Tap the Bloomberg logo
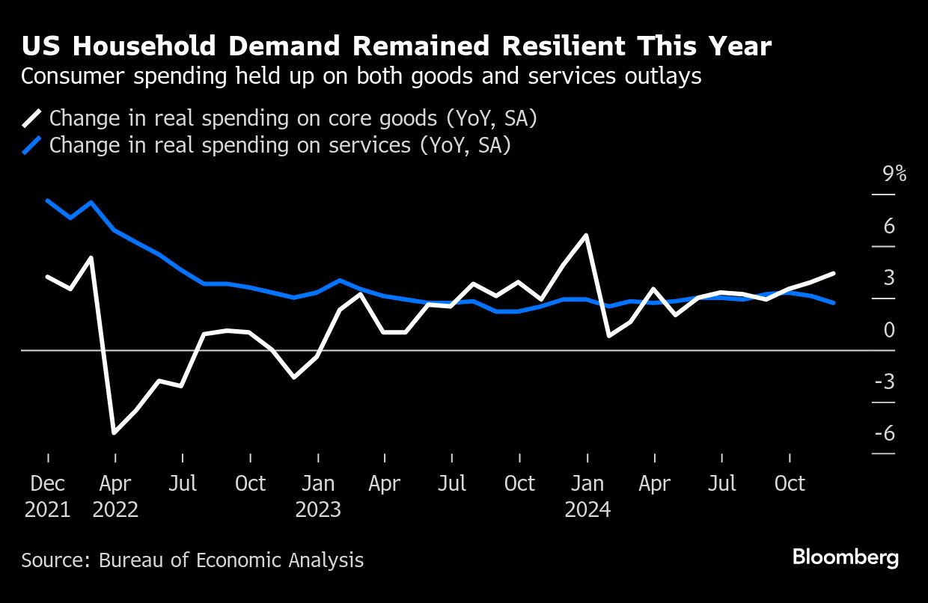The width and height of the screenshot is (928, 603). (x=846, y=557)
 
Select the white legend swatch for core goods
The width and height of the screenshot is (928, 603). (x=32, y=118)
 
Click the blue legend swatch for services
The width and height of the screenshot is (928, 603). (x=32, y=145)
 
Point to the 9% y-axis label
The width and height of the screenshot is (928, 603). (x=894, y=174)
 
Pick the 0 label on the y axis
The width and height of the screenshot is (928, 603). (x=889, y=330)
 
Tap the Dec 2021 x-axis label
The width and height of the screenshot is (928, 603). (x=48, y=496)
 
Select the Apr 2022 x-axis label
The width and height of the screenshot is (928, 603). (x=115, y=496)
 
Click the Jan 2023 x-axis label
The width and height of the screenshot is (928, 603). (x=318, y=496)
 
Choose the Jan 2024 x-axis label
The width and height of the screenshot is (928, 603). (x=587, y=496)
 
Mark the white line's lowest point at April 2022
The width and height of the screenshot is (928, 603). (x=114, y=432)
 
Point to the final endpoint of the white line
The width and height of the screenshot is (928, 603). (x=834, y=274)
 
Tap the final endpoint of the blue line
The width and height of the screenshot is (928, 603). (x=834, y=303)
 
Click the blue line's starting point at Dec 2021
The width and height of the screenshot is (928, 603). (x=48, y=201)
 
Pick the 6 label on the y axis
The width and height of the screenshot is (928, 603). (x=889, y=226)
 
